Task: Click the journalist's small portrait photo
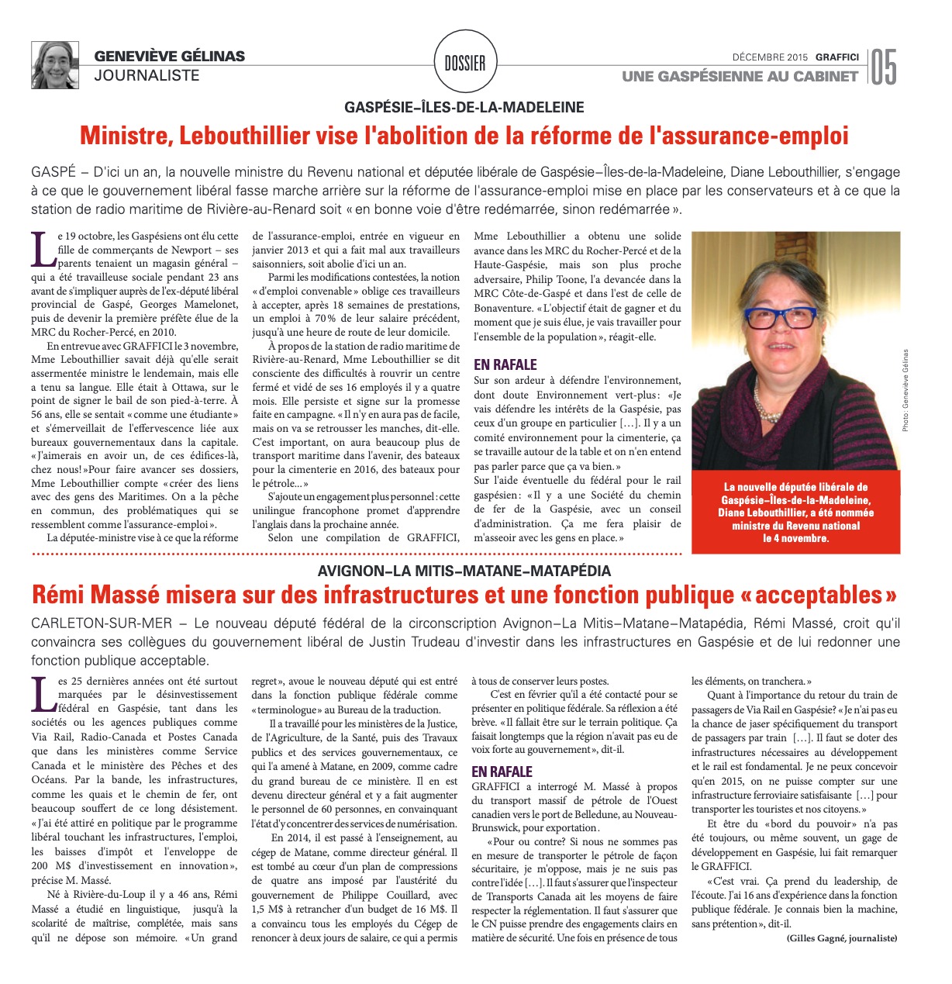54,64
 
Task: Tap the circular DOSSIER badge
465,64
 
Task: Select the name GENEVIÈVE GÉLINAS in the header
169,56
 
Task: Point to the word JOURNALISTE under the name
147,75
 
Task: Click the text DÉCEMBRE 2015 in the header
769,57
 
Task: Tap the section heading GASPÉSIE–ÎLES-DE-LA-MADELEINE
465,108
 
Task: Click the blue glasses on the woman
780,316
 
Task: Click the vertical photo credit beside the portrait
904,390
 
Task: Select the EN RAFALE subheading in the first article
505,364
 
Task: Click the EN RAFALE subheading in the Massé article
502,772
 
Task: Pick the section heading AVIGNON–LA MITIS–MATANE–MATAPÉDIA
464,571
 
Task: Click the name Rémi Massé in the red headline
95,595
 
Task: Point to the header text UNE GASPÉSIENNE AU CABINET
740,76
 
